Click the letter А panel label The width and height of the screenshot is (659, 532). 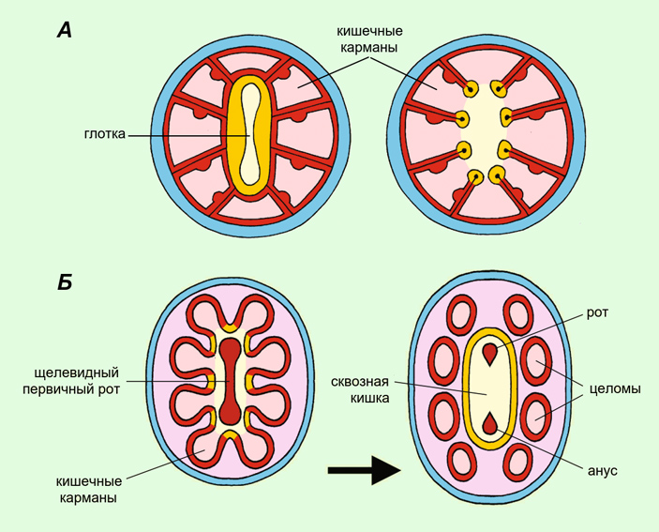64,31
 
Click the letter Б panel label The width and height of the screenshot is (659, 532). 64,281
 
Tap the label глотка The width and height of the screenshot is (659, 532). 103,135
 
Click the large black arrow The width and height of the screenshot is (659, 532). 365,466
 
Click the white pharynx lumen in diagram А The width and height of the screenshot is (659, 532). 250,135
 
